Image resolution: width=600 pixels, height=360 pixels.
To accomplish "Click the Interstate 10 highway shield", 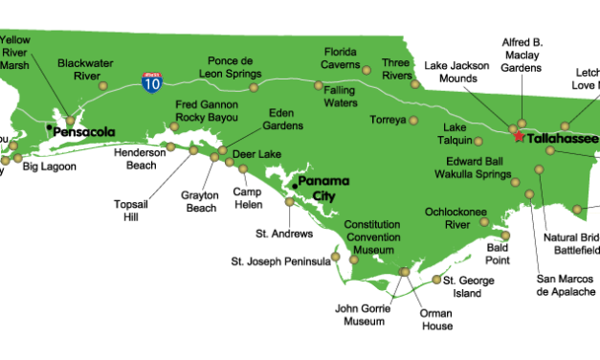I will click(151, 80).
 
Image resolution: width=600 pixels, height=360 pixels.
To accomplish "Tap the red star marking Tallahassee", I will click(519, 137).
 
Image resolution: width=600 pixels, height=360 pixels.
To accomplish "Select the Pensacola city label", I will click(83, 131).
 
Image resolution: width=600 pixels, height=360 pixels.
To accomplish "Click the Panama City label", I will click(322, 188).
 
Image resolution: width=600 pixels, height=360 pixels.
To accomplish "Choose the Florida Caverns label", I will click(346, 58).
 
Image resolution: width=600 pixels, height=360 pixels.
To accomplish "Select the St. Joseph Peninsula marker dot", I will click(335, 257).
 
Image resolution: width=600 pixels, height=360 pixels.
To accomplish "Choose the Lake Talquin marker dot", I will click(478, 141).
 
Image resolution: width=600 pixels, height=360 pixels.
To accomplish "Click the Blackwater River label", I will click(86, 70).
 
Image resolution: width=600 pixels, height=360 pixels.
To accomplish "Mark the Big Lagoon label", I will click(50, 167).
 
